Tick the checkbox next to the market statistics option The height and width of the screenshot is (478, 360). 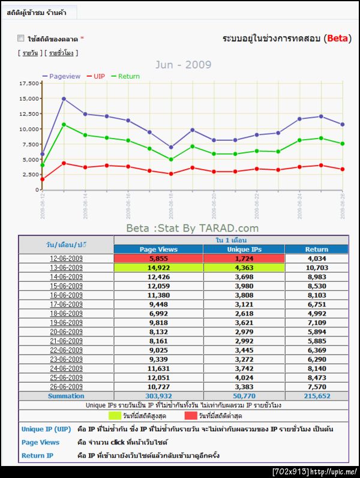20,39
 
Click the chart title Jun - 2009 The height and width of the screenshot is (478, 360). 184,65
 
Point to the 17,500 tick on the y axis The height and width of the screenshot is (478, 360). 29,83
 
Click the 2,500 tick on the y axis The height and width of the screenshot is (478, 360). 31,175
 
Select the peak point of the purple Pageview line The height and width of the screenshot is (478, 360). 64,98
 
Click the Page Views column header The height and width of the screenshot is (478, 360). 158,249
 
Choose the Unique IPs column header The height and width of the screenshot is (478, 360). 244,249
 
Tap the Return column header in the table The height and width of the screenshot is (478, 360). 316,249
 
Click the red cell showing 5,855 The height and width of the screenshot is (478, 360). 158,258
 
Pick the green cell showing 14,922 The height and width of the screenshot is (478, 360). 158,268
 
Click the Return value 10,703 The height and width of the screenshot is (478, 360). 316,268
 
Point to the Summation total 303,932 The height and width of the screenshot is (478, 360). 158,396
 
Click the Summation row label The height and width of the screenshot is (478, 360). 66,396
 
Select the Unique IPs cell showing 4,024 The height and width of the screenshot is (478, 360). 244,377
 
